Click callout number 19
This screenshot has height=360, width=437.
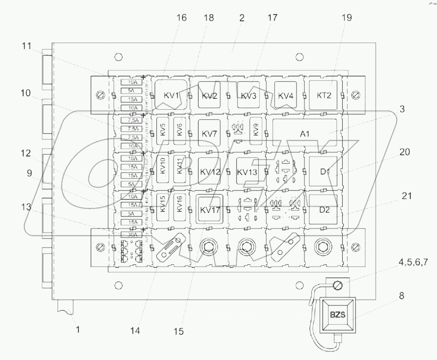[347, 18]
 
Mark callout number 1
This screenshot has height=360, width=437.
[77, 329]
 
